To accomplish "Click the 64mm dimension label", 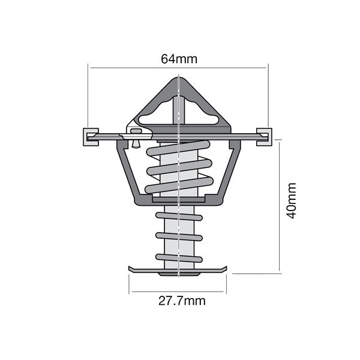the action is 179,59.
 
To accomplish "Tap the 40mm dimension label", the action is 292,200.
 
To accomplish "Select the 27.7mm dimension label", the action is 182,301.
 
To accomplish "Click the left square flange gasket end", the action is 91,137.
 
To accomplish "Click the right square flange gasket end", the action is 264,137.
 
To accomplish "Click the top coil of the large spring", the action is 178,148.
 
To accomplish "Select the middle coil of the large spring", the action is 179,167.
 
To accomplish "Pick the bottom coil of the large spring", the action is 179,185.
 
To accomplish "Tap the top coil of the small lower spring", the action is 179,217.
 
